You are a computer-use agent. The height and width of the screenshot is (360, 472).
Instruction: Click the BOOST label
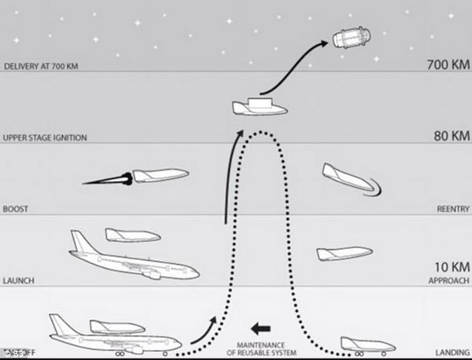tap(16, 209)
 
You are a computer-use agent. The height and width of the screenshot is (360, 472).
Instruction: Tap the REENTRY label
tap(452, 209)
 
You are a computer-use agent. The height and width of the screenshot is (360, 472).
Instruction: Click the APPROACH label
tap(450, 280)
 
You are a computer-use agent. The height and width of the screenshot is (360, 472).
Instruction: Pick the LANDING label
tap(452, 351)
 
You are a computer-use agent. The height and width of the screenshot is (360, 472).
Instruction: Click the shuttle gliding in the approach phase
tap(344, 253)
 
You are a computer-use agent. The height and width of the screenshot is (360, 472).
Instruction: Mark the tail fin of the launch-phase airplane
tap(80, 241)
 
